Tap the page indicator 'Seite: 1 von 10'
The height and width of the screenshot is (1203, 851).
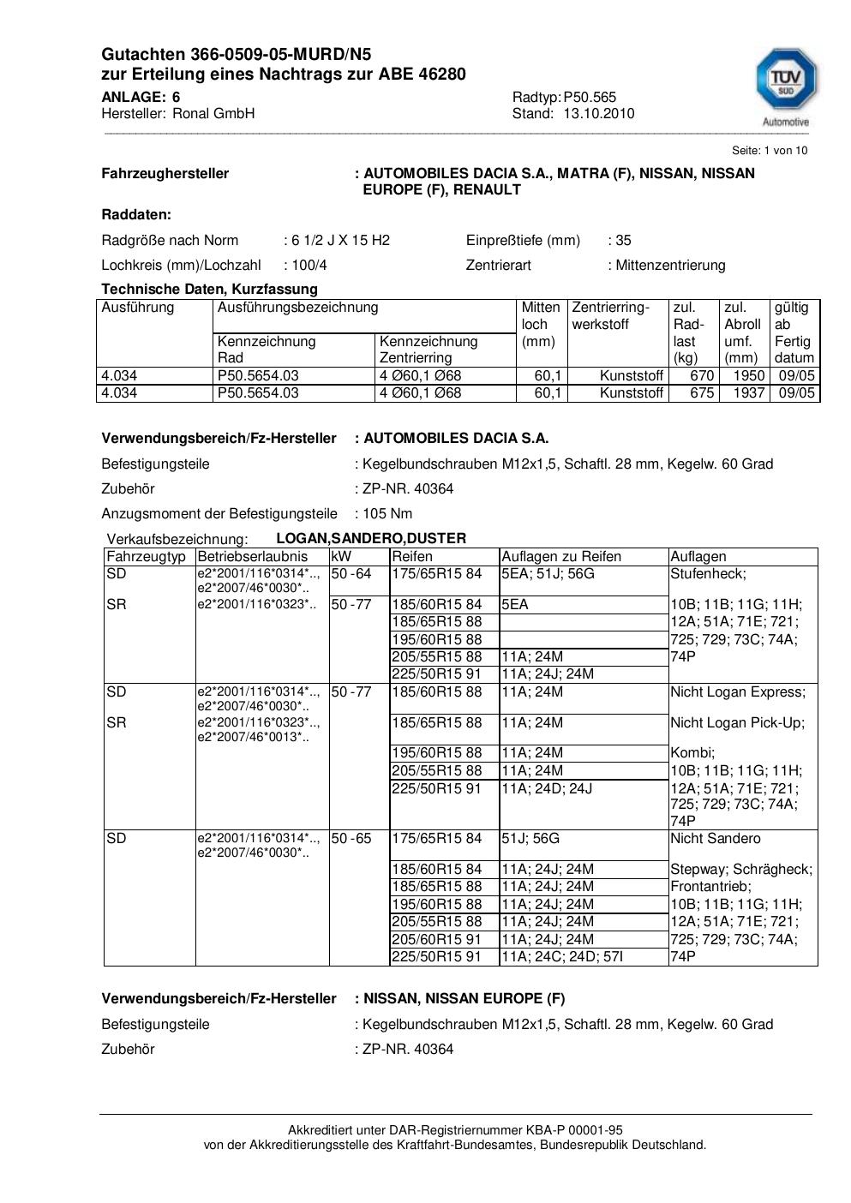pos(769,151)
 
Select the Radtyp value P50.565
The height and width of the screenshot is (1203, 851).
pos(590,98)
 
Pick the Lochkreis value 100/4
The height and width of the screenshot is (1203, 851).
pos(309,266)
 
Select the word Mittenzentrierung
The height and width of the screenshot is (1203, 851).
pos(670,266)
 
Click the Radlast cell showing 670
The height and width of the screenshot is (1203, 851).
pos(702,376)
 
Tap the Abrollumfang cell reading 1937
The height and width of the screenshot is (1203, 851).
pos(748,393)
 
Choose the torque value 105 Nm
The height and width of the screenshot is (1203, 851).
pos(387,514)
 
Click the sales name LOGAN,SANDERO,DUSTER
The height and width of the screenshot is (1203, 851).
pos(371,539)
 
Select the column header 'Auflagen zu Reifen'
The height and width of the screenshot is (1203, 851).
pos(560,557)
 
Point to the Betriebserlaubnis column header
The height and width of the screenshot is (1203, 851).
pos(252,557)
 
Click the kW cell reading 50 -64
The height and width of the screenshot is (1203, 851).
pos(351,574)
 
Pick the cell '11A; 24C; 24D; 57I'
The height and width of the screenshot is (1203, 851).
pos(560,957)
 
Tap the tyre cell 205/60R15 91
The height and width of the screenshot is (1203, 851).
pos(436,940)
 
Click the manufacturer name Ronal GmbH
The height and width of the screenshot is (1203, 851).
pos(213,114)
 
